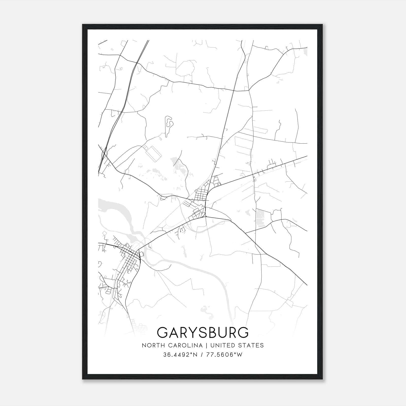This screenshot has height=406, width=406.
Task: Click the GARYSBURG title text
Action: [x=203, y=332]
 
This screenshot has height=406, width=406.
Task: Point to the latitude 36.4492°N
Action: [x=180, y=354]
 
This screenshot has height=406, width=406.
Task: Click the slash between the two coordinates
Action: [x=201, y=354]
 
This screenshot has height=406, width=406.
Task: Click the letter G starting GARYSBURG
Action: [x=163, y=332]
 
